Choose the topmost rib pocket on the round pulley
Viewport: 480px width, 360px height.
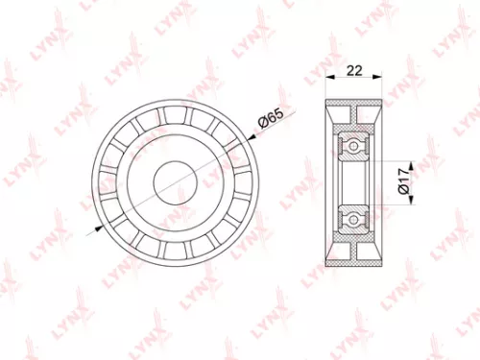pos(174,112)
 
